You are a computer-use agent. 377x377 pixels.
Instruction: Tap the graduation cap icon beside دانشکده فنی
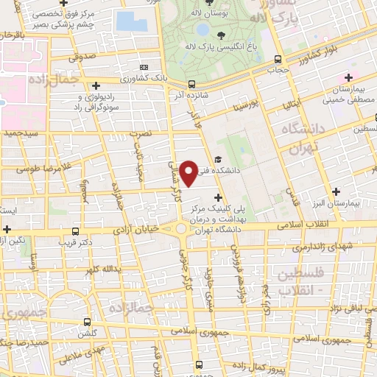point(217,160)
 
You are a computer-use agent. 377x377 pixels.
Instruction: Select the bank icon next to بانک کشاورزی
point(144,67)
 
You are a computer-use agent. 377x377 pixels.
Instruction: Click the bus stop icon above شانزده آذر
point(191,84)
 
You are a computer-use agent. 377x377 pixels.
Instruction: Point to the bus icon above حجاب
point(278,60)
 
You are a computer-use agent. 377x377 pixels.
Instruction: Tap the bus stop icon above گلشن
point(88,322)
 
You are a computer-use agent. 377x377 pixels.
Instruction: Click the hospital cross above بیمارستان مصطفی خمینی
point(348,77)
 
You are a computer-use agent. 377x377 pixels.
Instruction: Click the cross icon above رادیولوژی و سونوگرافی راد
point(96,86)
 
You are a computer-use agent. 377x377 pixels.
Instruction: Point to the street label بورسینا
point(246,98)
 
